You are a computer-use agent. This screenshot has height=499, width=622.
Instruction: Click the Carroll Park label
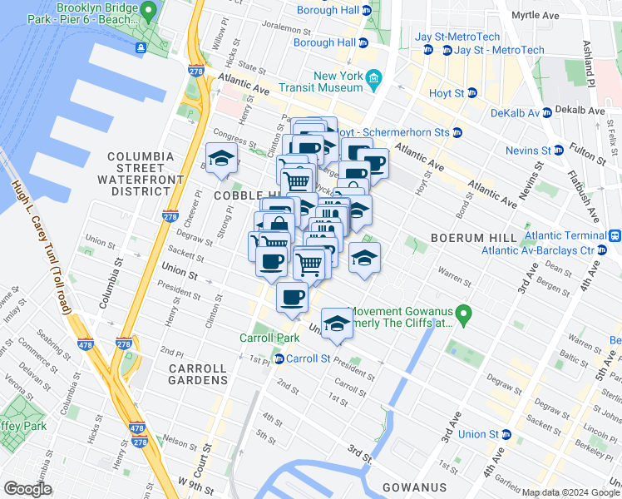click(269, 338)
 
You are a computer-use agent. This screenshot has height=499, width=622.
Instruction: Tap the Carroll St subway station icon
click(278, 358)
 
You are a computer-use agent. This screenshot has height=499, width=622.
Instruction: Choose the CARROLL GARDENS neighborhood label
click(198, 374)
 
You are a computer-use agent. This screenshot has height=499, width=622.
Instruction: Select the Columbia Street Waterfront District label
click(140, 174)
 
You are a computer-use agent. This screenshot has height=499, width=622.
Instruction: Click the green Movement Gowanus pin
click(465, 314)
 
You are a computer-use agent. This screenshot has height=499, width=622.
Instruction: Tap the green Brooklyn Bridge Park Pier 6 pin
click(148, 11)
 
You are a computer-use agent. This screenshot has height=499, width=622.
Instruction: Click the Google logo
click(27, 489)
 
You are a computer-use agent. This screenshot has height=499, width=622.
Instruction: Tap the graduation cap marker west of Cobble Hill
click(222, 160)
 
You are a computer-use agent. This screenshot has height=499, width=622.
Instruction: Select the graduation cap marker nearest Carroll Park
click(337, 324)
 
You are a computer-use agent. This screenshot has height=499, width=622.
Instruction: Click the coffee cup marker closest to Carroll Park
click(291, 298)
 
